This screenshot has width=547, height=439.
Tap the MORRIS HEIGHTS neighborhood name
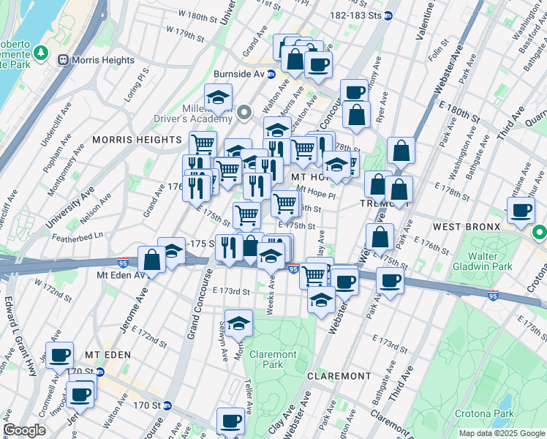(x=137, y=139)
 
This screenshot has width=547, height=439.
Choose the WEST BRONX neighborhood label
(x=467, y=227)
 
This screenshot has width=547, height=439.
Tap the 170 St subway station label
(x=146, y=405)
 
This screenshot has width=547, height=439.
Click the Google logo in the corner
(x=24, y=430)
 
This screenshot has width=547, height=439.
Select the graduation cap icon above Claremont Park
(x=238, y=322)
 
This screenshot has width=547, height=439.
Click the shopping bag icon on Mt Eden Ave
(x=151, y=259)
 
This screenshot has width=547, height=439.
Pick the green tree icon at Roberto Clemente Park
(x=40, y=53)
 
